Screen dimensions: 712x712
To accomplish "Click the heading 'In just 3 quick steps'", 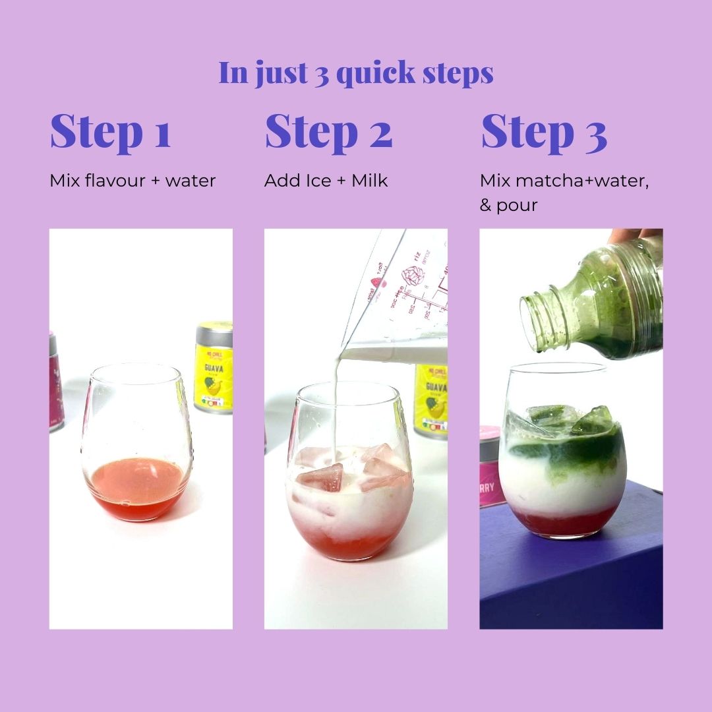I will pos(356,73).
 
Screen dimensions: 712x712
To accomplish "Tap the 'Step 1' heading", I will pos(111,132).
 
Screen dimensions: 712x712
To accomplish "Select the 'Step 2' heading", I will pos(328,132).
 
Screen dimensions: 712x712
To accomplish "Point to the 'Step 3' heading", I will pos(544,132).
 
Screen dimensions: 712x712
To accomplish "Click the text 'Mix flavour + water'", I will pos(133,181).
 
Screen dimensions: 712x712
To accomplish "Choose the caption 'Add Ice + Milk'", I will pos(326,181).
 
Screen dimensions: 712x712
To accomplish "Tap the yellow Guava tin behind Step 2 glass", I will pos(432,399).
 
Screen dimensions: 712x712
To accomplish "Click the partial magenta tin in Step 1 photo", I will pos(55,382).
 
